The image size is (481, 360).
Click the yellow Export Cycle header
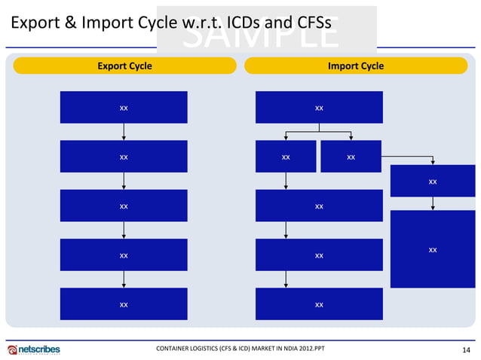(124, 66)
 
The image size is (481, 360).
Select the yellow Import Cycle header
(355, 66)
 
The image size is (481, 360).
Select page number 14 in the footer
(466, 349)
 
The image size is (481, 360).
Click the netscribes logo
(34, 349)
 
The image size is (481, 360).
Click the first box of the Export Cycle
(124, 108)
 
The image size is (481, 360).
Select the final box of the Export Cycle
(124, 304)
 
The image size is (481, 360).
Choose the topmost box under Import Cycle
(319, 108)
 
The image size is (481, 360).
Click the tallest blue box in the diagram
(432, 249)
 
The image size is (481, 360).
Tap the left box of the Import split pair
(286, 157)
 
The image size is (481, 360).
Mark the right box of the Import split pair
(351, 157)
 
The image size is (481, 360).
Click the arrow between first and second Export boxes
(124, 132)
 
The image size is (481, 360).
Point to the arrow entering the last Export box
(124, 279)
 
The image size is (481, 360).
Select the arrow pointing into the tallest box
(432, 204)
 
